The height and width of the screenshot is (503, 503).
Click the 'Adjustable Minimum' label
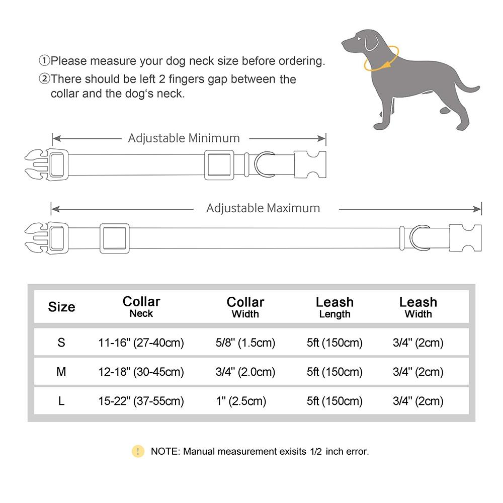[x=184, y=138]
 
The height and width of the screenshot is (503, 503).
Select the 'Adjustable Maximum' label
[x=263, y=208]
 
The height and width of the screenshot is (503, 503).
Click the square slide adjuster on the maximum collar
[x=114, y=238]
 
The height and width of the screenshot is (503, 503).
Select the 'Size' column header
[x=61, y=307]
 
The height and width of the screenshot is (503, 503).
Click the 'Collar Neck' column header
[x=141, y=306]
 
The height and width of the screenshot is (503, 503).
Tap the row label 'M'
[x=61, y=372]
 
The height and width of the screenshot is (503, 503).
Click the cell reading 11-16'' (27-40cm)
[x=141, y=343]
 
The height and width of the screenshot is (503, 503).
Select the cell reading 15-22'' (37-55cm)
[x=141, y=401]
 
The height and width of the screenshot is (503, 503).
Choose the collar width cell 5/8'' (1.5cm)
[x=245, y=343]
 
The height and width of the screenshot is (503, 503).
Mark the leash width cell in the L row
[x=418, y=401]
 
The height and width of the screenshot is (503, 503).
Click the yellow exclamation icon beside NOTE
[x=138, y=451]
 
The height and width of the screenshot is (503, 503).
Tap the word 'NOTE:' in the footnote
[x=165, y=452]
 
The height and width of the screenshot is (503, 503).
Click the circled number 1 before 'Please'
[x=45, y=61]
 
